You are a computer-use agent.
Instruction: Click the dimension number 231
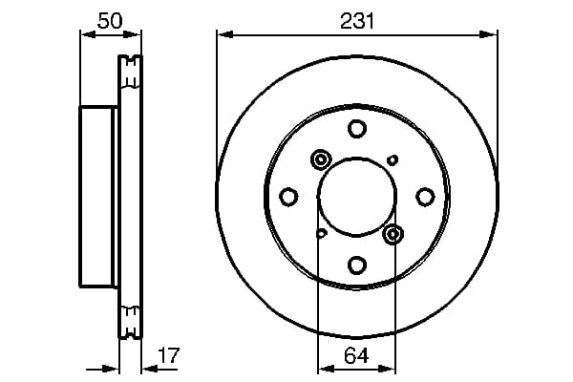click(357, 21)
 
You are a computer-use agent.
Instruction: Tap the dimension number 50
click(110, 21)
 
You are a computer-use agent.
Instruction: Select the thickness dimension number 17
click(168, 355)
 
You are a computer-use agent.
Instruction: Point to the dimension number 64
click(356, 355)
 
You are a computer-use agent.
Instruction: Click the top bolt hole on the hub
click(357, 129)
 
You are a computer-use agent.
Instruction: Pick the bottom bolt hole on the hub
click(357, 265)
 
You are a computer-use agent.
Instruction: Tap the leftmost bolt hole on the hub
click(288, 197)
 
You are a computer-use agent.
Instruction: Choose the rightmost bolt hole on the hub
click(425, 197)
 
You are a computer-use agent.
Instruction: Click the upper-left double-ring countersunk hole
click(321, 159)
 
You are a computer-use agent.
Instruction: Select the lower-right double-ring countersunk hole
click(393, 234)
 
